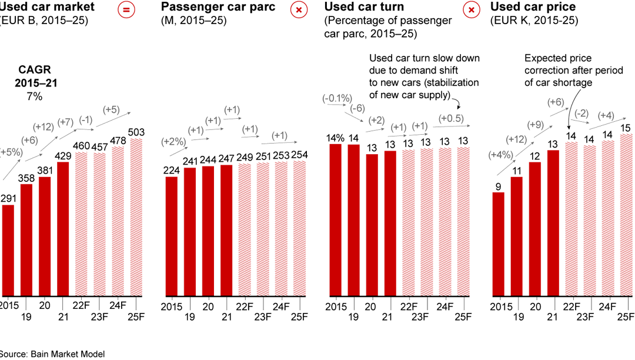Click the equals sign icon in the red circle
click(x=125, y=10)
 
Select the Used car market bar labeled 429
click(x=63, y=228)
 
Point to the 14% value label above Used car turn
click(x=336, y=138)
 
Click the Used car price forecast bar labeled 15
click(x=626, y=215)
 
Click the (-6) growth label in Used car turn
click(x=357, y=109)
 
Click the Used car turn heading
click(x=364, y=8)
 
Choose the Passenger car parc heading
click(x=218, y=8)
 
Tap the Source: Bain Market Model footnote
click(x=52, y=354)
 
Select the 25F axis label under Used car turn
click(x=463, y=317)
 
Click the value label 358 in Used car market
click(x=26, y=178)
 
